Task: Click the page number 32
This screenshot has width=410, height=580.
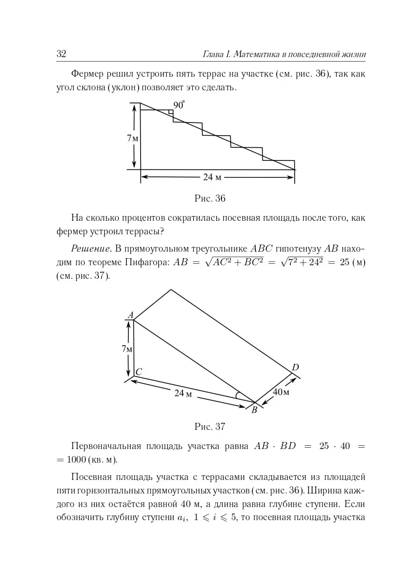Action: coord(61,54)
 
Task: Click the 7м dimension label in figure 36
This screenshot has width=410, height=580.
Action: coord(133,138)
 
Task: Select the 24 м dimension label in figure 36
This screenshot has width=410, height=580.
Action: coord(212,177)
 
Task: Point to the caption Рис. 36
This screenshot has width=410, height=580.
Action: coord(210,198)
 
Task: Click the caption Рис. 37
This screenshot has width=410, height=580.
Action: coord(210,426)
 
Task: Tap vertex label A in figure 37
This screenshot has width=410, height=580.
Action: coord(130,315)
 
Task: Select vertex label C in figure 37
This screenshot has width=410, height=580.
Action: coord(138,372)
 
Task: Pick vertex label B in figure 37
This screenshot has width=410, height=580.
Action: coord(254,410)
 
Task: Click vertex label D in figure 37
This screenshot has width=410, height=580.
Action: coord(295,368)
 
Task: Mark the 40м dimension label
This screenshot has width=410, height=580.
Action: coord(281,392)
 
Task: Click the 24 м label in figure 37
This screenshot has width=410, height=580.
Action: coord(184,393)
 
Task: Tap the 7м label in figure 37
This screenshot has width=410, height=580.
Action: coord(127,349)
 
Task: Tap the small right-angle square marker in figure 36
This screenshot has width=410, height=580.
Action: coord(170,112)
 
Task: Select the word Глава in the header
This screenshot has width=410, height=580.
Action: coord(213,54)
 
